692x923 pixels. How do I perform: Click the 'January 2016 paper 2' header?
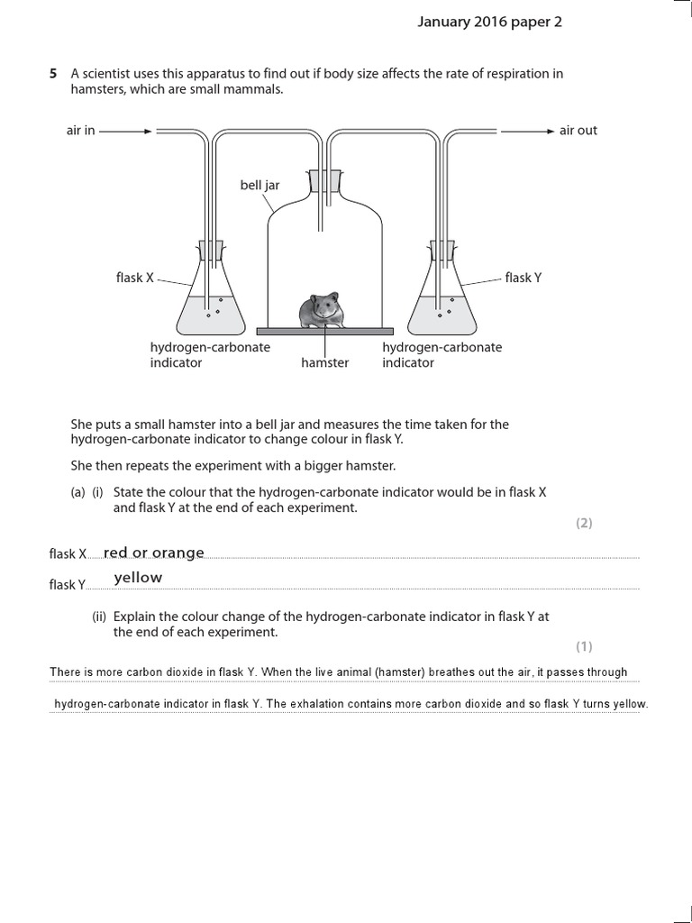coord(489,23)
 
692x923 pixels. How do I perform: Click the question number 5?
coord(53,74)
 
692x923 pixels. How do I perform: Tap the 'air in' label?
coord(80,131)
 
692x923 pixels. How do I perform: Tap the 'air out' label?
coord(578,131)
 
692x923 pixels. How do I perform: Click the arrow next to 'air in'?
coord(126,131)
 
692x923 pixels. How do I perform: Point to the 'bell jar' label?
coord(259,185)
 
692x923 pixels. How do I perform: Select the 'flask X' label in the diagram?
coord(135,278)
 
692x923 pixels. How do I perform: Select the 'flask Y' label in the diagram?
coord(524,278)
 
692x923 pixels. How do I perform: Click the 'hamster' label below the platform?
coord(324,363)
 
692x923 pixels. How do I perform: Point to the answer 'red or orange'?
coord(154,553)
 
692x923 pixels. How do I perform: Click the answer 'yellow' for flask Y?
coord(138,578)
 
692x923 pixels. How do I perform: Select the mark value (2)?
coord(584,523)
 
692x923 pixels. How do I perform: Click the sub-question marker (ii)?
coord(99,617)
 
